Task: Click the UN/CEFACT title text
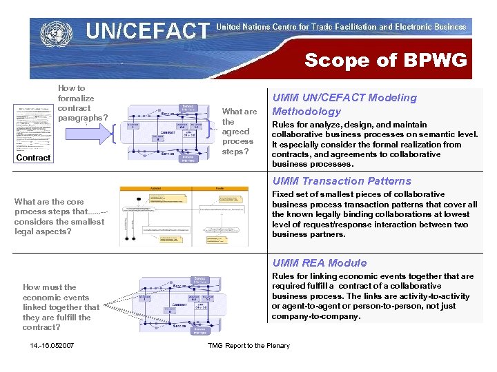[x=146, y=30]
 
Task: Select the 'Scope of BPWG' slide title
[x=385, y=60]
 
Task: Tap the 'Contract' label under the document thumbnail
[x=33, y=158]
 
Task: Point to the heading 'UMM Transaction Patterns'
[x=342, y=181]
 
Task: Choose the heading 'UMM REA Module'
[x=320, y=262]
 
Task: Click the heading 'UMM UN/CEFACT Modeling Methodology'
[x=344, y=105]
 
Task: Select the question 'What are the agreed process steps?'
[x=239, y=131]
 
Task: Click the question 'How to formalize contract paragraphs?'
[x=82, y=103]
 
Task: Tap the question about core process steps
[x=59, y=216]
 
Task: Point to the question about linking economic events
[x=61, y=307]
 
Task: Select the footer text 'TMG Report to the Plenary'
[x=248, y=346]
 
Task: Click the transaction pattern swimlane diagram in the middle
[x=192, y=216]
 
